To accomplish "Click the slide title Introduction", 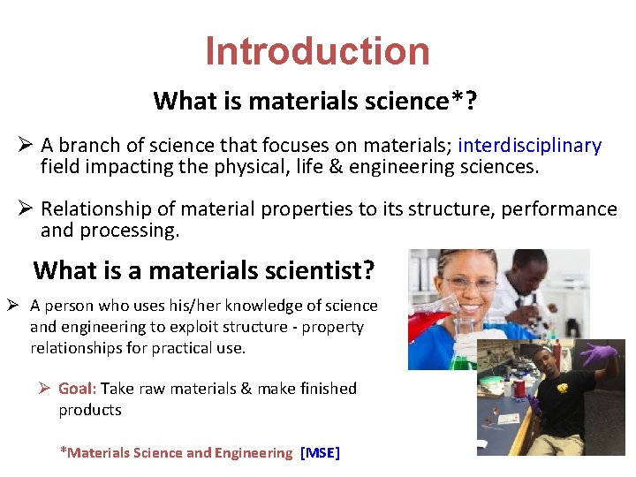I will coord(317,51).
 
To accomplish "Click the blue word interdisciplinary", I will coord(530,146).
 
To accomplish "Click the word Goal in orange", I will coord(78,389).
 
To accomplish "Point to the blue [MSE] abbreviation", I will coord(320,453).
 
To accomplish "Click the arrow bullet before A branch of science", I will coord(26,146).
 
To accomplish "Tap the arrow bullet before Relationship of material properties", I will coord(26,209).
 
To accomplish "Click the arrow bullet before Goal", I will coord(44,389).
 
